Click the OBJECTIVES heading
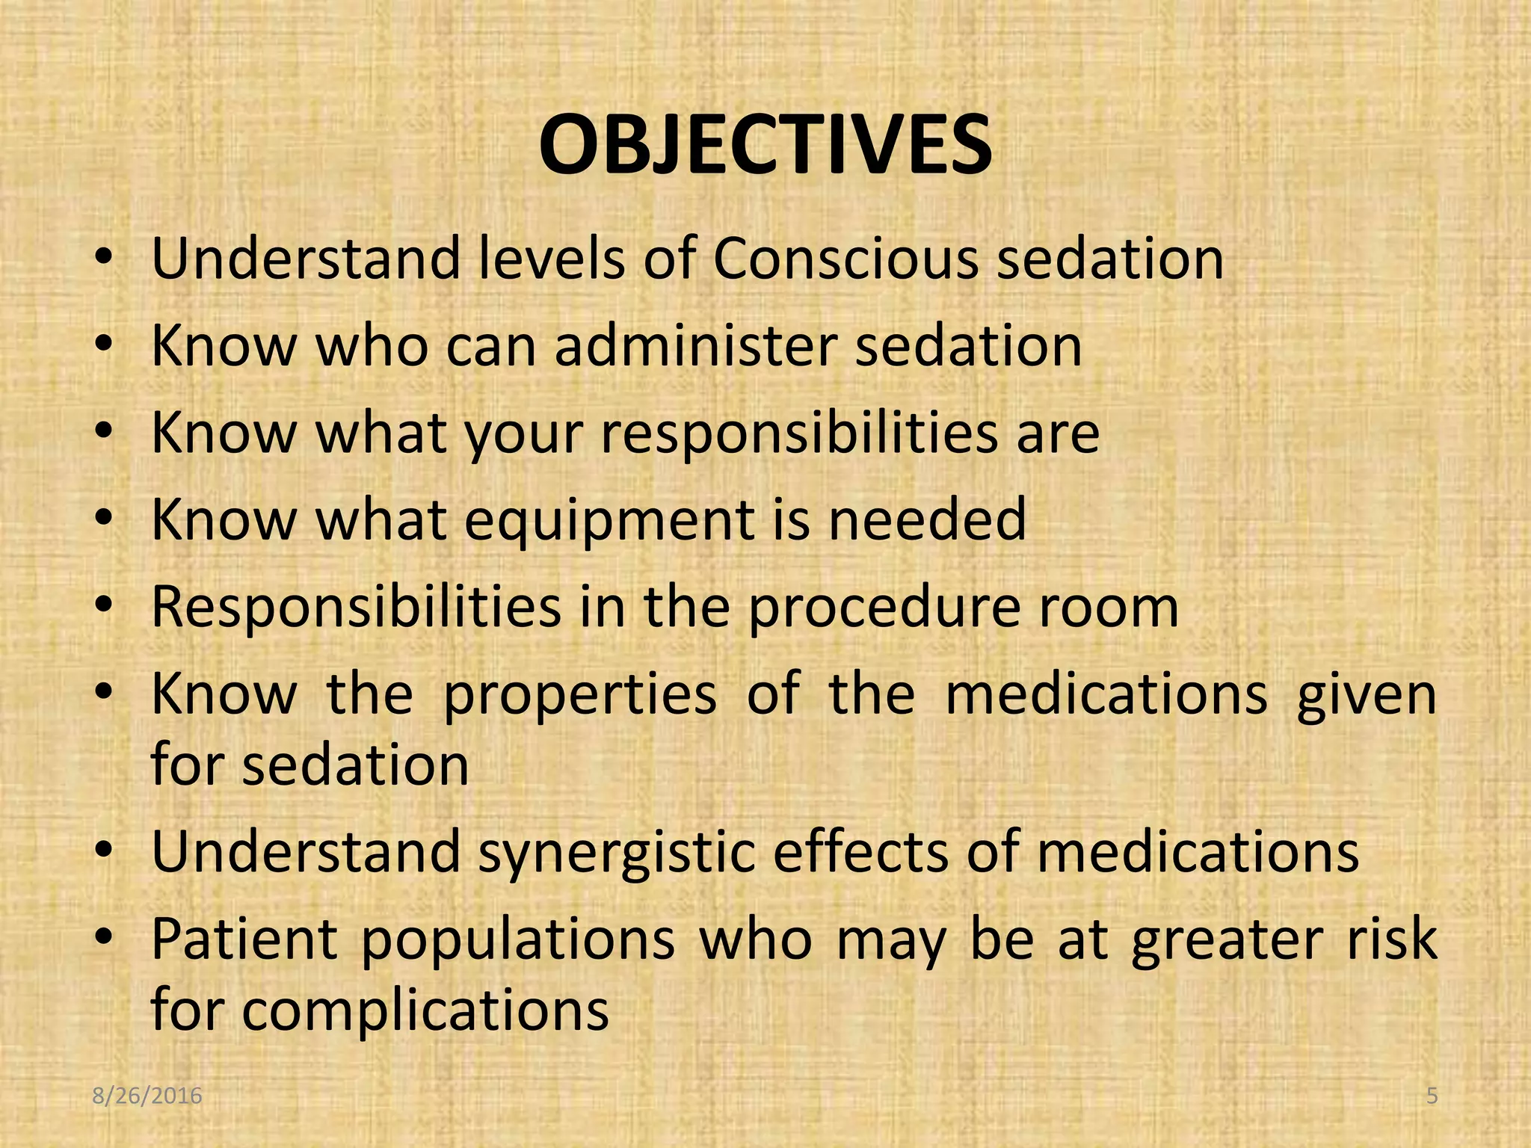pyautogui.click(x=765, y=145)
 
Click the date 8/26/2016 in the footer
pyautogui.click(x=147, y=1096)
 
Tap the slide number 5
pyautogui.click(x=1432, y=1096)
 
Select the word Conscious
pyautogui.click(x=845, y=259)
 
